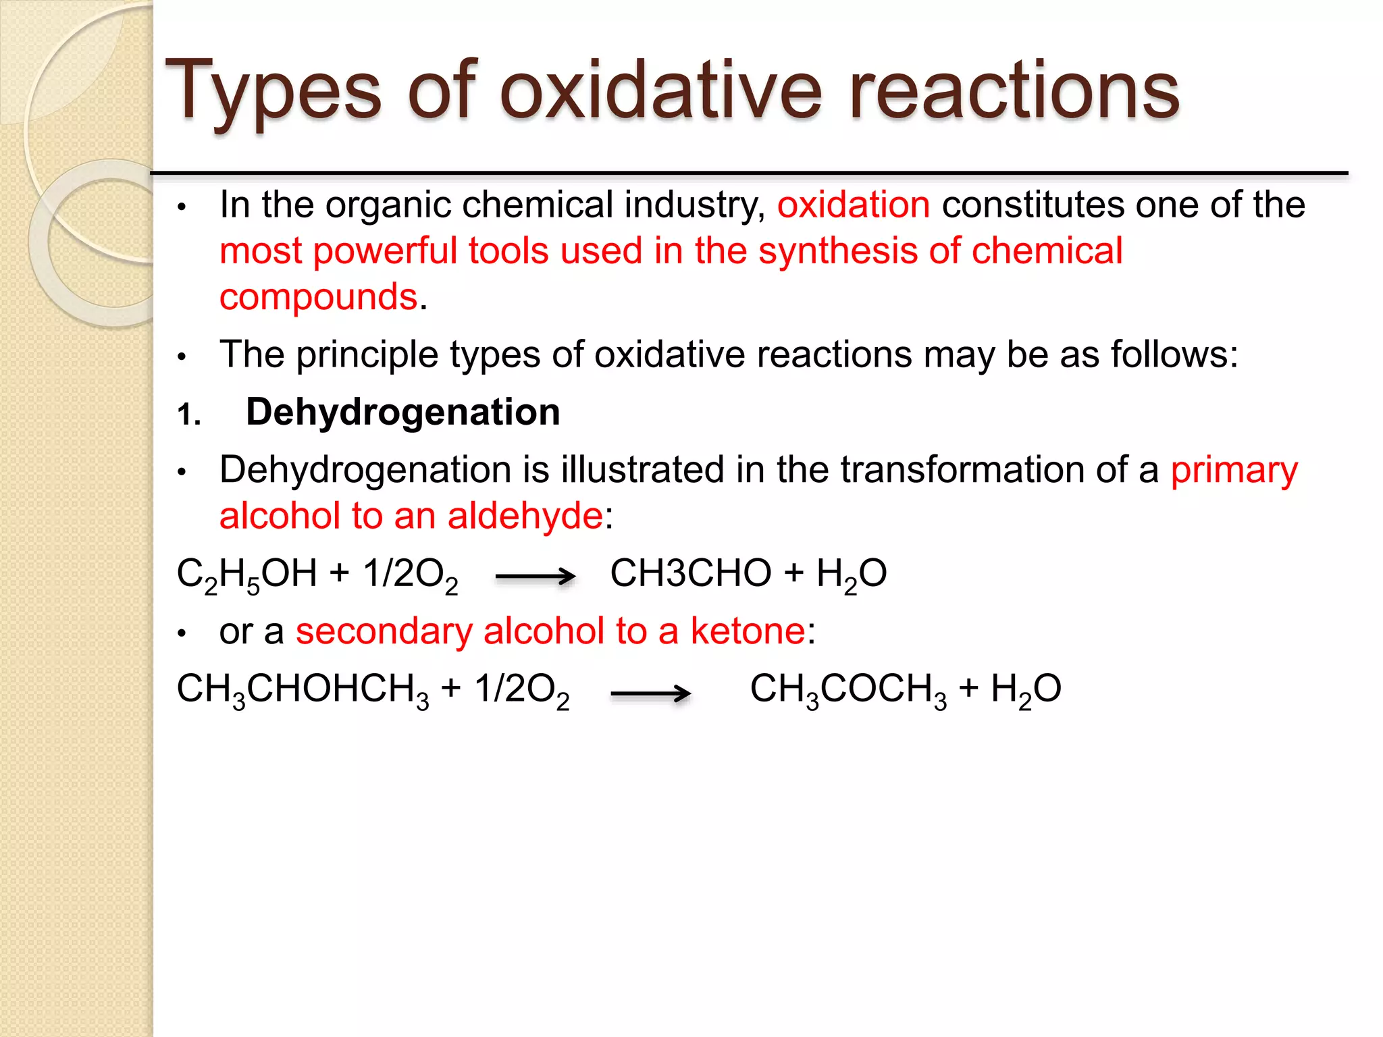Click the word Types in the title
[x=273, y=91]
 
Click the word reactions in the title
[x=1014, y=91]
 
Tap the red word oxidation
[x=853, y=205]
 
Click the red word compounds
[x=319, y=297]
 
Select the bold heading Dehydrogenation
[x=403, y=412]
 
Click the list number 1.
[x=188, y=414]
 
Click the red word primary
[x=1234, y=470]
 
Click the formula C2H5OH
[x=246, y=575]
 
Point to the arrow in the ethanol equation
[x=535, y=577]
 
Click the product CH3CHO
[x=690, y=574]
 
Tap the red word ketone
[x=748, y=632]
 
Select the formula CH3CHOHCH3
[x=303, y=690]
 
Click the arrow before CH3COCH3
[x=650, y=693]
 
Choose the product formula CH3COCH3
[x=848, y=690]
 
